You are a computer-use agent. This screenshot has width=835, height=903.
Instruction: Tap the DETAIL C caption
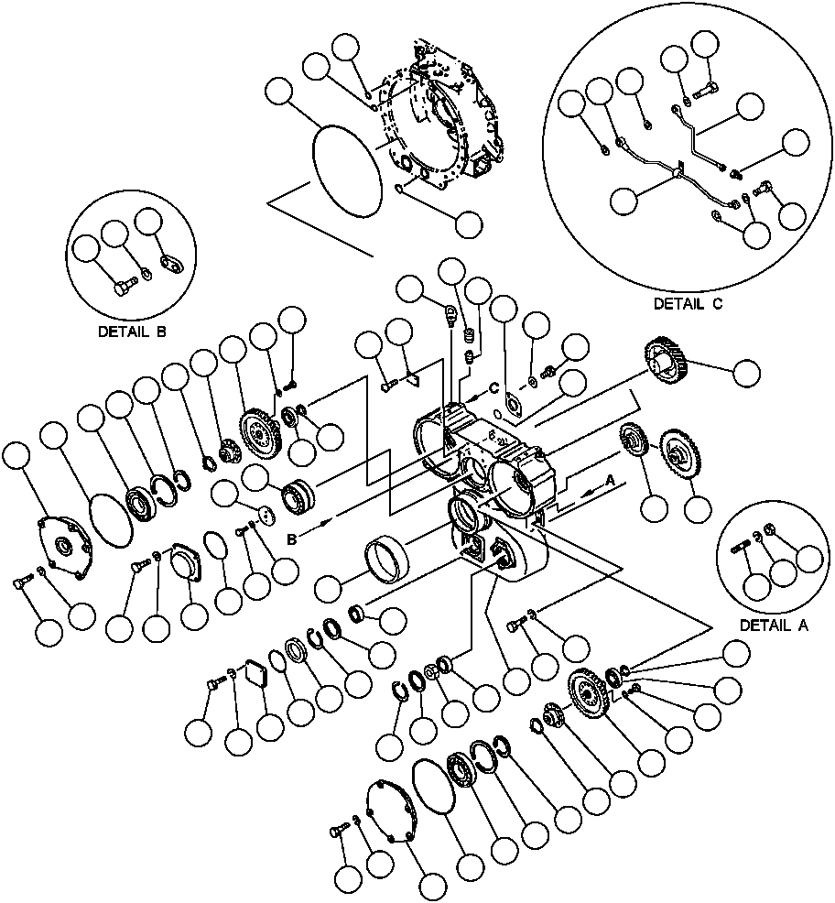688,304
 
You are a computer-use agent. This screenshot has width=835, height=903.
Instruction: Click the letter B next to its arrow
292,540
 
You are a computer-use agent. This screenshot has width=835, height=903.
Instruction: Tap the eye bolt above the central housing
450,316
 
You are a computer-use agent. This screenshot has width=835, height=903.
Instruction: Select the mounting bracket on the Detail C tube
678,170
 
